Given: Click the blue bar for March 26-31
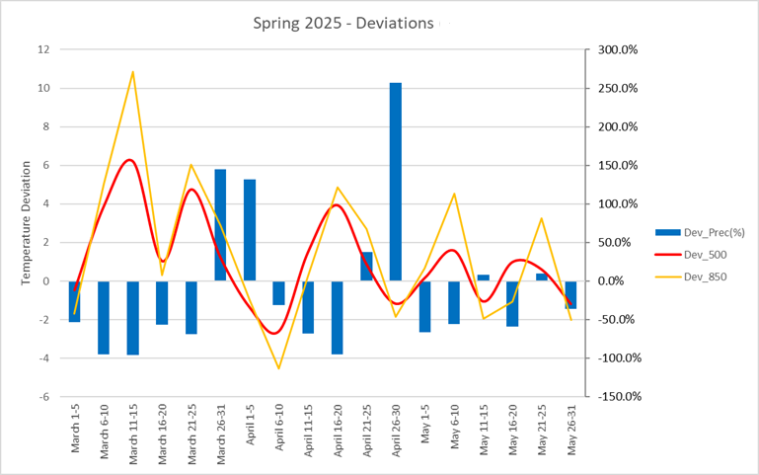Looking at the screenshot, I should click(x=220, y=225).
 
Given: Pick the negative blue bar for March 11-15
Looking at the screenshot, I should click(x=133, y=317).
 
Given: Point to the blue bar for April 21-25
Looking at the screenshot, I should click(x=366, y=267).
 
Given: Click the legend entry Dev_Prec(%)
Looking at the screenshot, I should click(x=695, y=232).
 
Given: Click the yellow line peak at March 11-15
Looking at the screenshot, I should click(x=133, y=71).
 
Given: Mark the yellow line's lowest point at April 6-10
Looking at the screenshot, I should click(x=278, y=368).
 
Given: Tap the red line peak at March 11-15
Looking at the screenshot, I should click(x=129, y=159).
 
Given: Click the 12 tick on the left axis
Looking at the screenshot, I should click(x=42, y=49).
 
